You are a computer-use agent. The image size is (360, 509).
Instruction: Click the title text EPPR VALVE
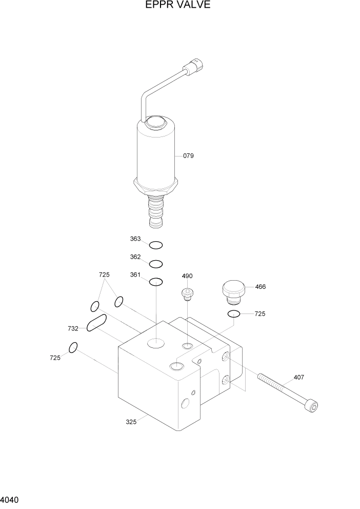177,6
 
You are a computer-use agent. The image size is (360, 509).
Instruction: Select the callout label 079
188,155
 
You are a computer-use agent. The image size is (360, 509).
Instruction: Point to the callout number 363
135,239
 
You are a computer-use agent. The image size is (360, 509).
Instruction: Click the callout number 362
135,257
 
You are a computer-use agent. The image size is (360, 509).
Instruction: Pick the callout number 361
135,275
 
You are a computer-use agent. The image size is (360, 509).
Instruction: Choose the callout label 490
187,276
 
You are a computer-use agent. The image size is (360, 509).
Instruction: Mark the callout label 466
260,287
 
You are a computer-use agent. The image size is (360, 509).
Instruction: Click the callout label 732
73,328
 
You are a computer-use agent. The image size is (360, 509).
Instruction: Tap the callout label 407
298,377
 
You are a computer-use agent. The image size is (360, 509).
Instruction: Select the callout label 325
131,422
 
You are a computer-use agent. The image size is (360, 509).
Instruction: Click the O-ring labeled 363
156,245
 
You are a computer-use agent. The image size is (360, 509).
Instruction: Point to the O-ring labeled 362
156,264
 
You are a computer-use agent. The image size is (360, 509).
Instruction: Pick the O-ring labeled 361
156,282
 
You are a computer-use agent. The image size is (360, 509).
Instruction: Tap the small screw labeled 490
188,293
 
